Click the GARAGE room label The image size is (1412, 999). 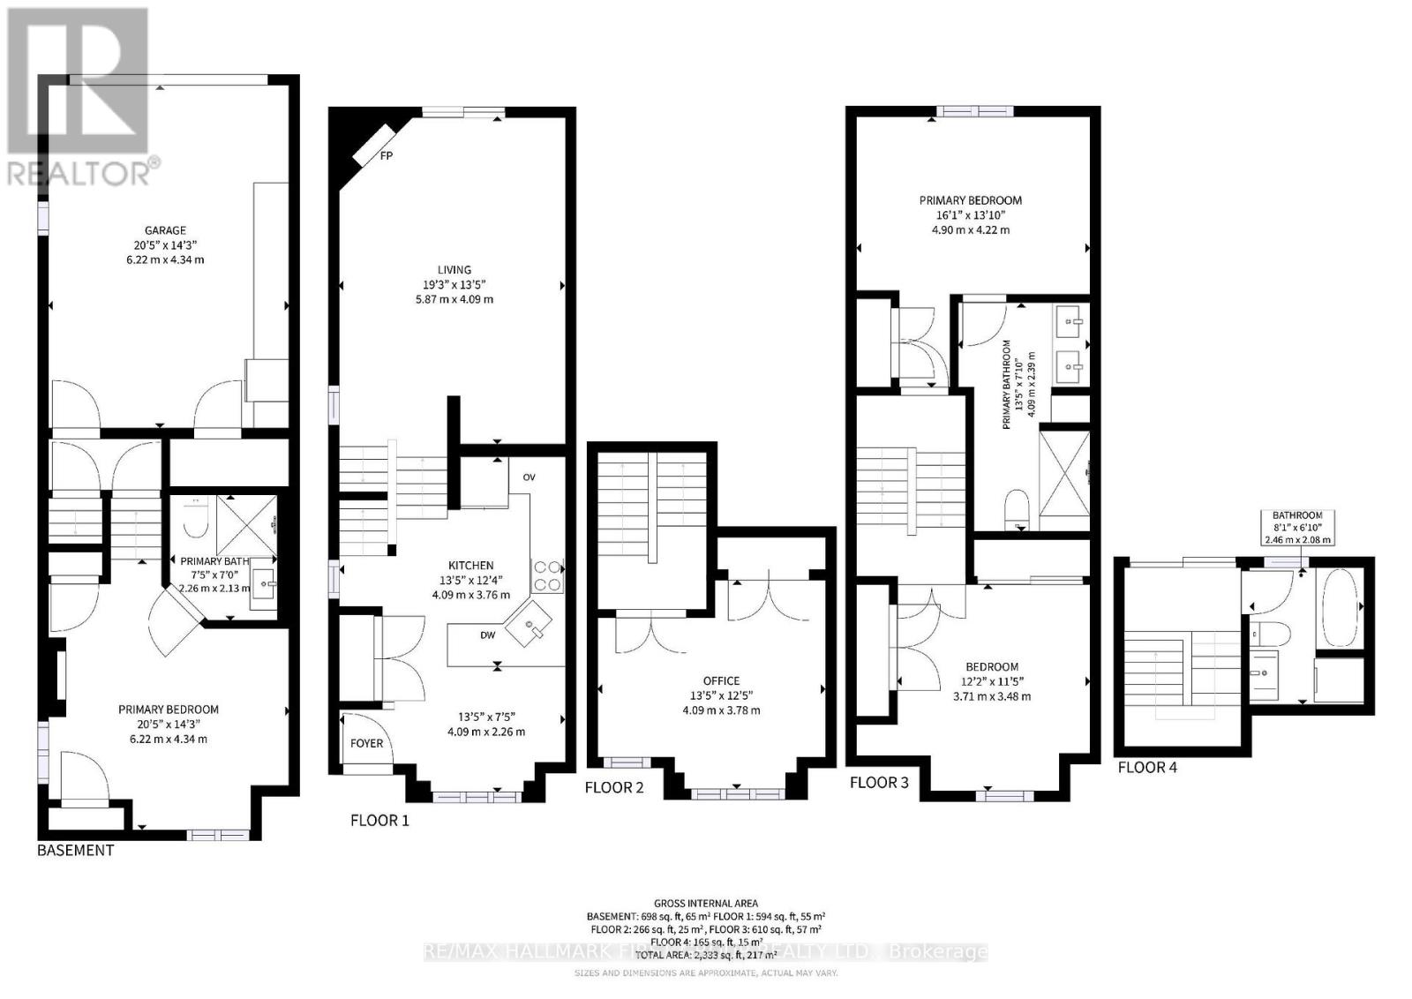[166, 230]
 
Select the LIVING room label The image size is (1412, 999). [454, 270]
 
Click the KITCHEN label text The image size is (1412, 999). [471, 566]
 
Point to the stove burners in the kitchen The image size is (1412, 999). [547, 576]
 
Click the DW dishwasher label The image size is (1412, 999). [488, 635]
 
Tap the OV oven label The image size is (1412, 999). [529, 477]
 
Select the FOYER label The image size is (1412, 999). [366, 743]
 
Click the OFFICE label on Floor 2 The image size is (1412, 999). [721, 680]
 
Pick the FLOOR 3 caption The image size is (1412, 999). [878, 782]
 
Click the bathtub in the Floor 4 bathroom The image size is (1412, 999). [1338, 607]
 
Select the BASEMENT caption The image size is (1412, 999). [75, 851]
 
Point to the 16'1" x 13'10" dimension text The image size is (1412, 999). [969, 215]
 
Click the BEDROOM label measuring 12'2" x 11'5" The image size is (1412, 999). [992, 667]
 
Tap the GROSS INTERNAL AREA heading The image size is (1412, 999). [705, 903]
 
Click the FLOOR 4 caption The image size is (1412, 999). [1147, 768]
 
